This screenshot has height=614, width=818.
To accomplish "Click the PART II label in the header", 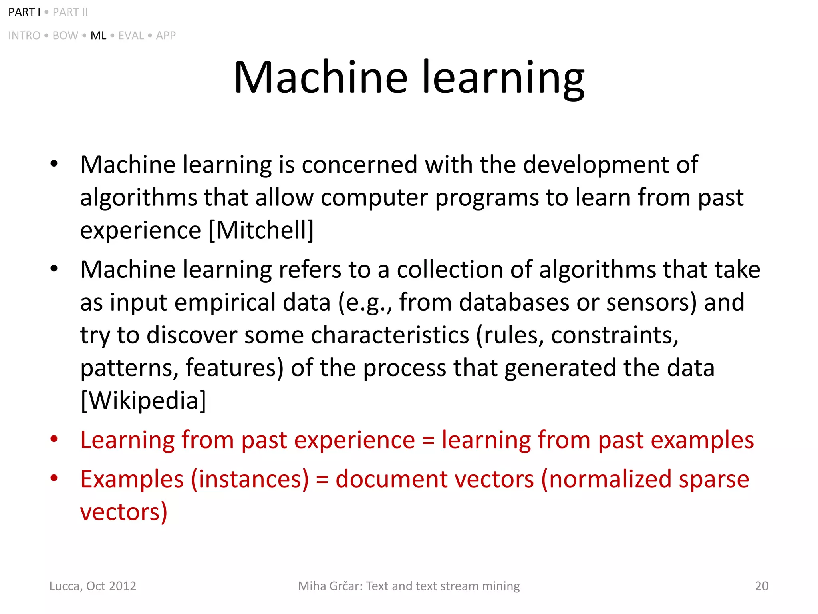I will (x=70, y=12).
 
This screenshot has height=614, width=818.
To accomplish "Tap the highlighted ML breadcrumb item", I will (x=98, y=36).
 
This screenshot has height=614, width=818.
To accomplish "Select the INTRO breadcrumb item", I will (x=24, y=36).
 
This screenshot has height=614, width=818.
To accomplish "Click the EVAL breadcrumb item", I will (x=131, y=36).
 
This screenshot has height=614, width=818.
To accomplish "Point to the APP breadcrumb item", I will (x=166, y=36).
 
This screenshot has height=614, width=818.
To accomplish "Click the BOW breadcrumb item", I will (x=65, y=36).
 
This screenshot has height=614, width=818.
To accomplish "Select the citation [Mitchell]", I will (x=261, y=230).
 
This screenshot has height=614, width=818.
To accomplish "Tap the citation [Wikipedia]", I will (x=143, y=401).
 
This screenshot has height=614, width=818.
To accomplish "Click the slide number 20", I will (x=762, y=586).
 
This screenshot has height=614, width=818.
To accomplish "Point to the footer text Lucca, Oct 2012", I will (x=93, y=586).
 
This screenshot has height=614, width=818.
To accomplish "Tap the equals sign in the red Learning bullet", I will (x=428, y=441).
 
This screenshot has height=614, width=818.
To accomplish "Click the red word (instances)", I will (x=250, y=479).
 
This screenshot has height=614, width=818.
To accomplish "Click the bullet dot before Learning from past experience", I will (x=54, y=439).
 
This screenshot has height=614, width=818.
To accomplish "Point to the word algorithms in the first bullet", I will (x=139, y=197).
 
